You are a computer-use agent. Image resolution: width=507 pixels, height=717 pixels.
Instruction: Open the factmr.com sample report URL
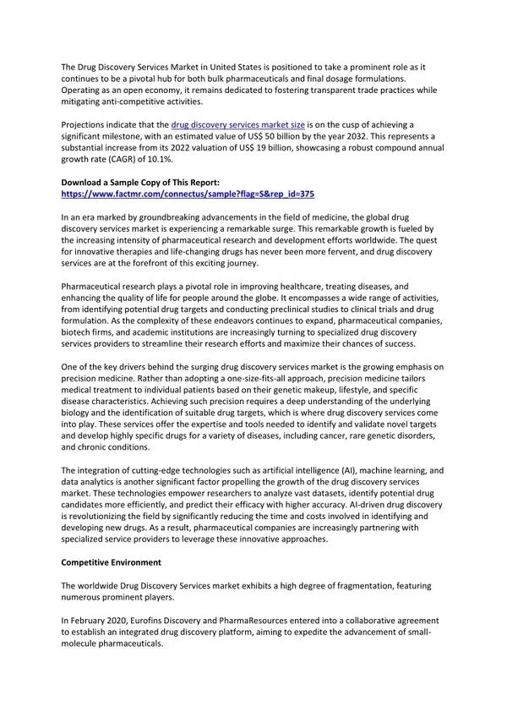pyautogui.click(x=188, y=194)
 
